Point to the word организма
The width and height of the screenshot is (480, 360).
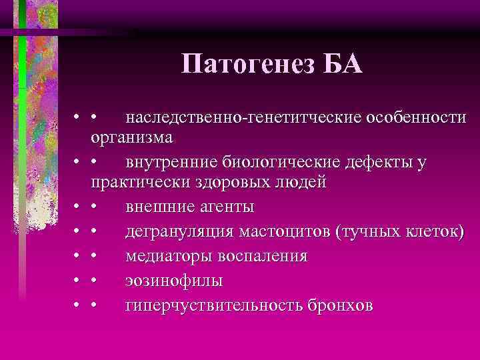click(x=132, y=137)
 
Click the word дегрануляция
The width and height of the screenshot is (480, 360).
click(x=177, y=232)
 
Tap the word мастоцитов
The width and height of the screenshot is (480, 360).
click(x=283, y=232)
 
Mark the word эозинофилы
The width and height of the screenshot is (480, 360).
click(x=174, y=281)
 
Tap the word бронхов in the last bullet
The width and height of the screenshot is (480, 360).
click(x=340, y=306)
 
